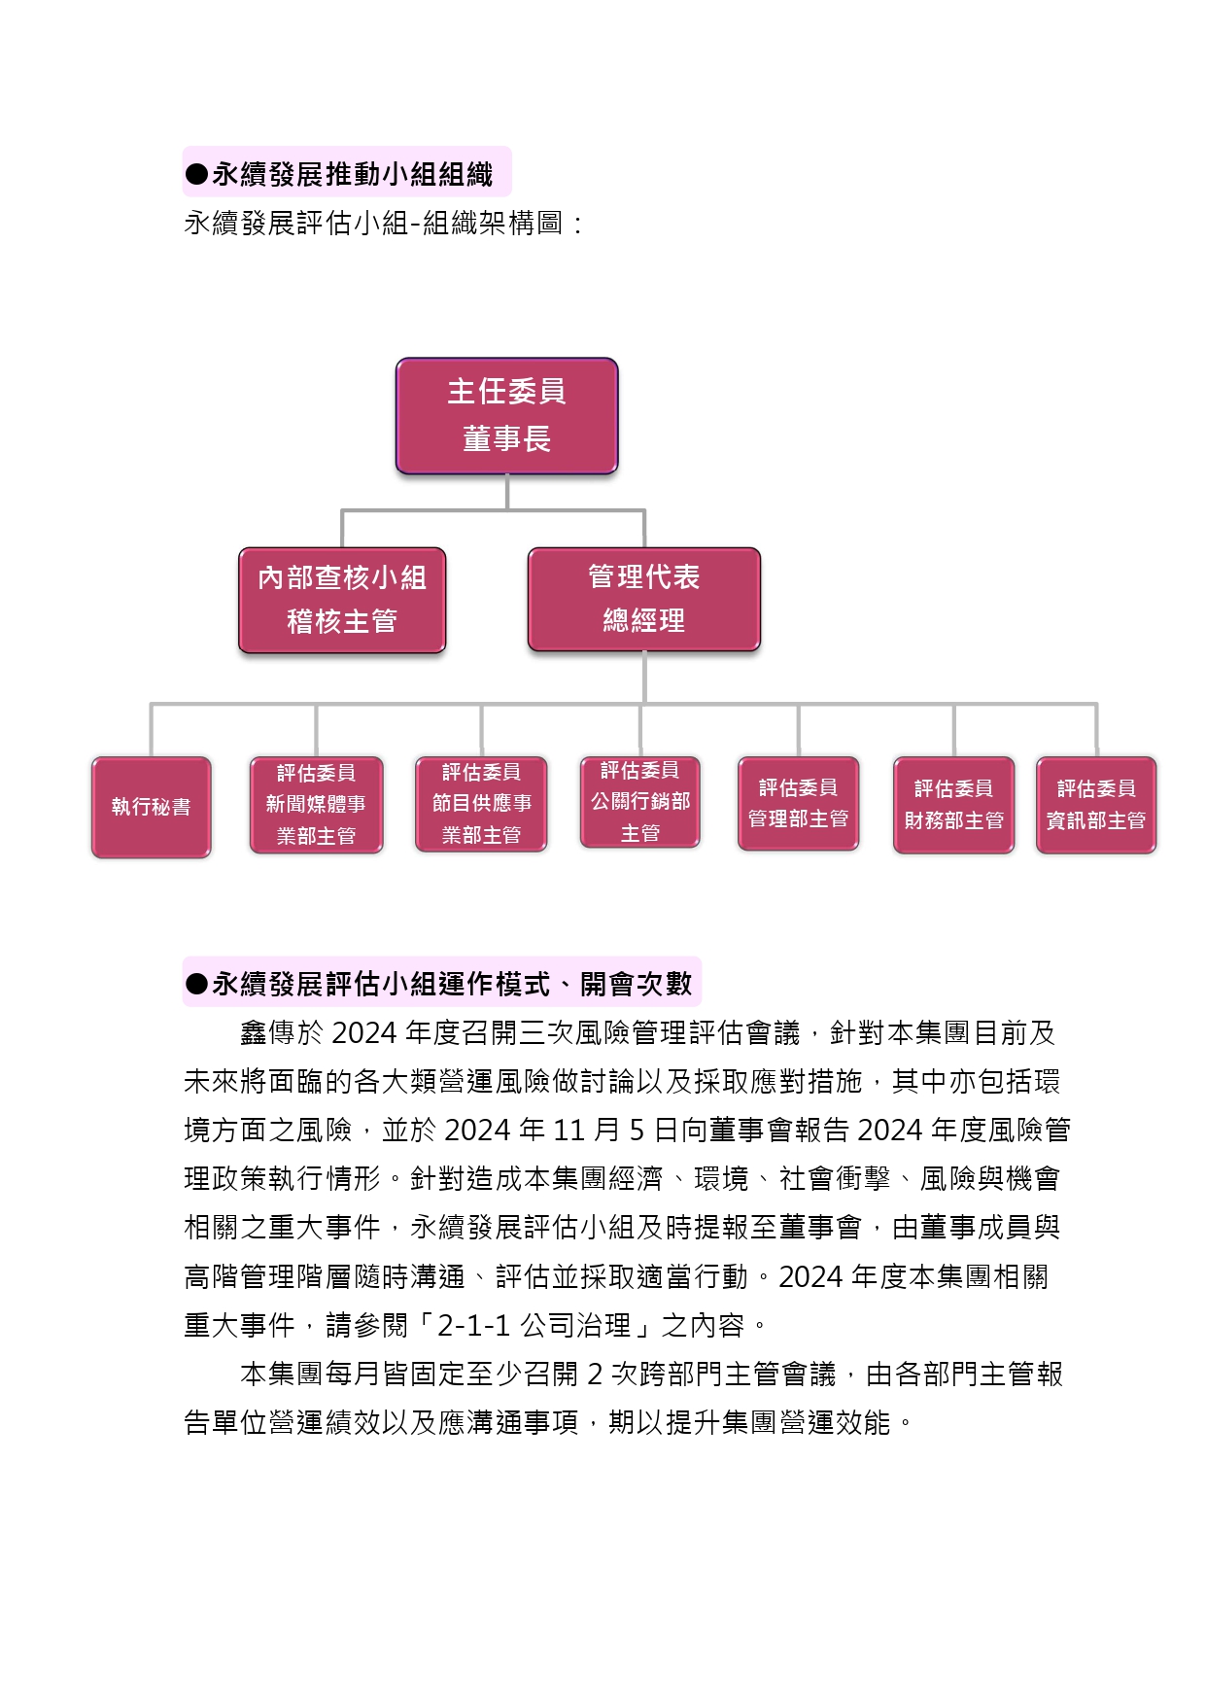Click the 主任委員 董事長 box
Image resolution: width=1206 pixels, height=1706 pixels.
coord(506,415)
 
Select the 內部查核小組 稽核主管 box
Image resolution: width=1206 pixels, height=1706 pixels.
coord(342,600)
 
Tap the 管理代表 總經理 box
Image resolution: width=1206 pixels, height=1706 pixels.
coord(643,599)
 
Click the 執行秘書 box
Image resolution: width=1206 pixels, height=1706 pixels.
coord(151,807)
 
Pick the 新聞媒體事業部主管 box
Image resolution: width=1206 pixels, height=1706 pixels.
coord(316,805)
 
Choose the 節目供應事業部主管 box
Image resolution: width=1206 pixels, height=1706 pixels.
coord(481,804)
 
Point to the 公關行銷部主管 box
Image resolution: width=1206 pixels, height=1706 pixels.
coord(639,802)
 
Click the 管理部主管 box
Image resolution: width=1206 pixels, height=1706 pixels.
coord(798,803)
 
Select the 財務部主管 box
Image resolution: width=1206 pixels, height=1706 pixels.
coord(953,805)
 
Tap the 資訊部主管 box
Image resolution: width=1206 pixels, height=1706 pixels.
coord(1096,805)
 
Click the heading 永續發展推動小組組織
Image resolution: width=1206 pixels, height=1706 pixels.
coord(353,174)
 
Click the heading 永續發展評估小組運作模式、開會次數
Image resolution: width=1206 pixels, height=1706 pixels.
coord(452,984)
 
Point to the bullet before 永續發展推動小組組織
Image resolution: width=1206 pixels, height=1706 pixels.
coord(196,175)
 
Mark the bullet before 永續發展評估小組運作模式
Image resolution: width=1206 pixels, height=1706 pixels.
coord(196,985)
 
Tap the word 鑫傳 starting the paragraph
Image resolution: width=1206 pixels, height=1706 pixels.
coord(268,1032)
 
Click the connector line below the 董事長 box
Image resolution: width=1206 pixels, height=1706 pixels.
coord(507,492)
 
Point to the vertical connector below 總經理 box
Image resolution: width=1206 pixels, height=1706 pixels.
coord(644,678)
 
